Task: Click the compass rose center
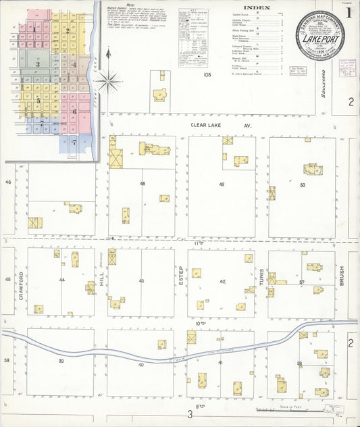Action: (x=108, y=82)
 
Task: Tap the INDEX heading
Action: (x=252, y=9)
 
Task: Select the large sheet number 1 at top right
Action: (x=349, y=12)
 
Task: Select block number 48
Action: (x=142, y=183)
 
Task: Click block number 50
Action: (x=302, y=184)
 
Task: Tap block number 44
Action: (x=61, y=280)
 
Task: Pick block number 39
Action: (x=61, y=362)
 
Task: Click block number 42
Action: (x=222, y=281)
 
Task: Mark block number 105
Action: (x=207, y=75)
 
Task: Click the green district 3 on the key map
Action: (x=38, y=64)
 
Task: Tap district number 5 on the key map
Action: (x=38, y=101)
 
